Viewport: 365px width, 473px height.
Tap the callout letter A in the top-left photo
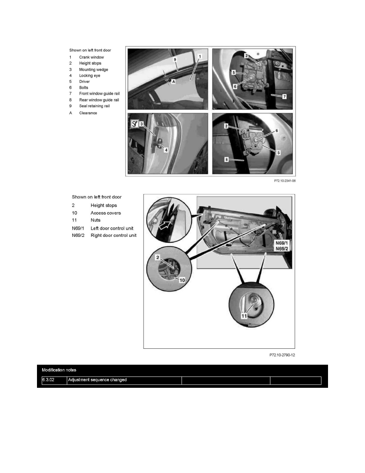click(x=173, y=82)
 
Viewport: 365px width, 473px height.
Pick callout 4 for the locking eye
click(x=166, y=150)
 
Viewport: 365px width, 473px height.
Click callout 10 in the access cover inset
click(x=182, y=279)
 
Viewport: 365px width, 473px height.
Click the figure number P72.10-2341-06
click(x=285, y=180)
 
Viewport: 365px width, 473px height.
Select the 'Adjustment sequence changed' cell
click(x=97, y=380)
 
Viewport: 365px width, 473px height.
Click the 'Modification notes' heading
click(x=59, y=370)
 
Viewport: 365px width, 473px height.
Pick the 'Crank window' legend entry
click(x=91, y=57)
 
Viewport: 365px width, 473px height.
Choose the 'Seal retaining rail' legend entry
click(x=94, y=106)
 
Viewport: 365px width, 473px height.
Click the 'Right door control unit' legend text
click(x=114, y=235)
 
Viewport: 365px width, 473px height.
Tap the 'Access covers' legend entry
click(x=106, y=213)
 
